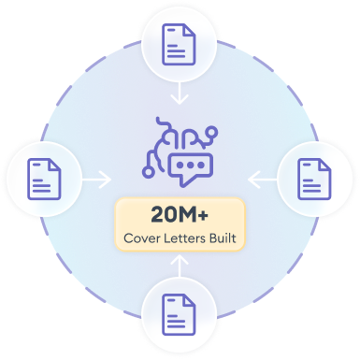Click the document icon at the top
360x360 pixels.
click(x=179, y=45)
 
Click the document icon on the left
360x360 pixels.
click(x=44, y=179)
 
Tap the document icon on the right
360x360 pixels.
click(x=314, y=179)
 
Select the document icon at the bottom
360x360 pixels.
click(x=179, y=314)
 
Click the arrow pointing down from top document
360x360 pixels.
click(x=180, y=93)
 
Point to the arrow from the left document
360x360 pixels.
click(x=96, y=180)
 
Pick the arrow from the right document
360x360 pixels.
click(x=263, y=180)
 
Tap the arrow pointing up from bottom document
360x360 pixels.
click(x=180, y=266)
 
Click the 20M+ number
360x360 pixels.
click(x=180, y=215)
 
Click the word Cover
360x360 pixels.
click(x=142, y=238)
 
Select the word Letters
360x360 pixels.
click(x=185, y=238)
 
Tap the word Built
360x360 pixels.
click(x=223, y=238)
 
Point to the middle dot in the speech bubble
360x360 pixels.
click(x=191, y=165)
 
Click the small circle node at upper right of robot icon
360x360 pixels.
click(x=212, y=131)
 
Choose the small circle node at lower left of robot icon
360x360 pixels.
click(x=148, y=172)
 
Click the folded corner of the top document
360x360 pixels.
click(x=190, y=31)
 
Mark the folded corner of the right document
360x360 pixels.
click(x=325, y=165)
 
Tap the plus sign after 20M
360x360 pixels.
click(x=202, y=215)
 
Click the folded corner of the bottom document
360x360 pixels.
click(x=190, y=300)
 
